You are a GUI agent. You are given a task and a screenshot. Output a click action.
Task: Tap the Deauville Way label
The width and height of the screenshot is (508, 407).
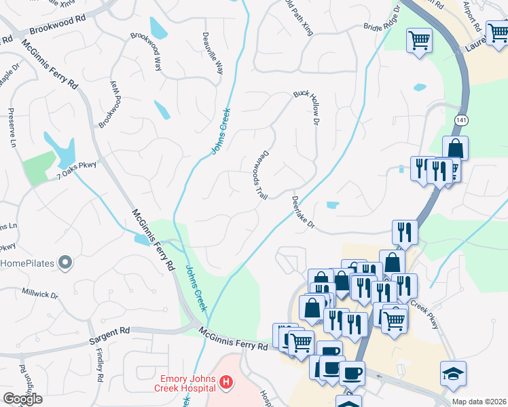(x=211, y=52)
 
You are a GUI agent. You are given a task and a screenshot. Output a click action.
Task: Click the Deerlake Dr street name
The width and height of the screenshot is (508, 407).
(x=304, y=212)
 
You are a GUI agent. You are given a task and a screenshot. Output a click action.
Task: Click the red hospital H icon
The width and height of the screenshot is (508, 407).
(x=226, y=385)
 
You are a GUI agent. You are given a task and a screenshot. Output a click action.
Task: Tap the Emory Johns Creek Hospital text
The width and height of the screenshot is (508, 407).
(x=187, y=384)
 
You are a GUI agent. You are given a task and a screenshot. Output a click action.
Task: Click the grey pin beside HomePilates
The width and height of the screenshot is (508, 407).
(x=65, y=262)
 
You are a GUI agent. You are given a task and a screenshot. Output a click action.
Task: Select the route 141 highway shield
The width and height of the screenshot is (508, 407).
(x=461, y=119)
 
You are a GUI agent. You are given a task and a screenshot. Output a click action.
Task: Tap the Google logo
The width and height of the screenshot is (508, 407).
(x=22, y=398)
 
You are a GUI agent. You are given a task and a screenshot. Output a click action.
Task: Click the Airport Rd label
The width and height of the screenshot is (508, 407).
(x=471, y=16)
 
